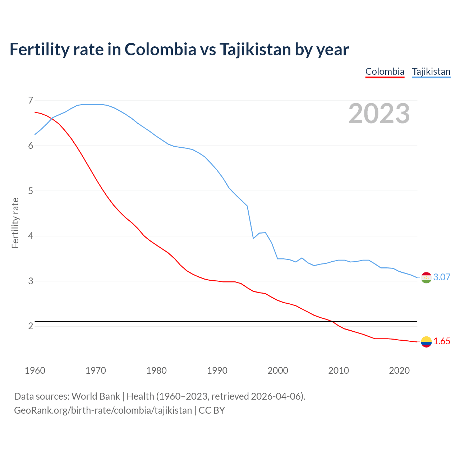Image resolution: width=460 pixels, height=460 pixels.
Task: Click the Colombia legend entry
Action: pyautogui.click(x=385, y=72)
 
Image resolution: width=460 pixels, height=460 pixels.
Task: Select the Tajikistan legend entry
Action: pyautogui.click(x=431, y=72)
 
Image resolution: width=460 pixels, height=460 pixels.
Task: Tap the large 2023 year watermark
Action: pyautogui.click(x=379, y=114)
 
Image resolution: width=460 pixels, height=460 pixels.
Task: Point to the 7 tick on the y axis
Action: pyautogui.click(x=31, y=100)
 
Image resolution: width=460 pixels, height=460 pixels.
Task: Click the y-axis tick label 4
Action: pyautogui.click(x=31, y=236)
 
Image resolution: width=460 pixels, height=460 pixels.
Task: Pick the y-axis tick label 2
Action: pyautogui.click(x=31, y=326)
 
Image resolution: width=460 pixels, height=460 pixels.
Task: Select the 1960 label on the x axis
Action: pyautogui.click(x=35, y=371)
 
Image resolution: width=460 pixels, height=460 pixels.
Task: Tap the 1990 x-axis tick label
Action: pyautogui.click(x=217, y=371)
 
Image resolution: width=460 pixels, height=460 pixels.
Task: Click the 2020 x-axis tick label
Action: pyautogui.click(x=399, y=371)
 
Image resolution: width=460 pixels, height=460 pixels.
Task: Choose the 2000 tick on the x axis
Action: pyautogui.click(x=278, y=371)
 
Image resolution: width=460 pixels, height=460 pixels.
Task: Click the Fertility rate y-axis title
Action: pyautogui.click(x=15, y=223)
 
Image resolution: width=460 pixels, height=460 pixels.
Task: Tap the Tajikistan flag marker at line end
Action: pyautogui.click(x=426, y=277)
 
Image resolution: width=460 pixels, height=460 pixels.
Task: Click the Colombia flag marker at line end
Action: pyautogui.click(x=426, y=342)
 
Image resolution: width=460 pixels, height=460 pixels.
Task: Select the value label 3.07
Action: pyautogui.click(x=442, y=277)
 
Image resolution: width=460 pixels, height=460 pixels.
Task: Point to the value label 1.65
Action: pyautogui.click(x=442, y=341)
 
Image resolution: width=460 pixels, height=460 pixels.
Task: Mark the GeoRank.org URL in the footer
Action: pyautogui.click(x=103, y=410)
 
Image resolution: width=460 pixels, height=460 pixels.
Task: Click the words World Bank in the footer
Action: pyautogui.click(x=96, y=396)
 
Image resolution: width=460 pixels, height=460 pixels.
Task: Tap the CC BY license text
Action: pyautogui.click(x=212, y=410)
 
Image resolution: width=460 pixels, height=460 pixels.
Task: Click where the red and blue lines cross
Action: pyautogui.click(x=52, y=118)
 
